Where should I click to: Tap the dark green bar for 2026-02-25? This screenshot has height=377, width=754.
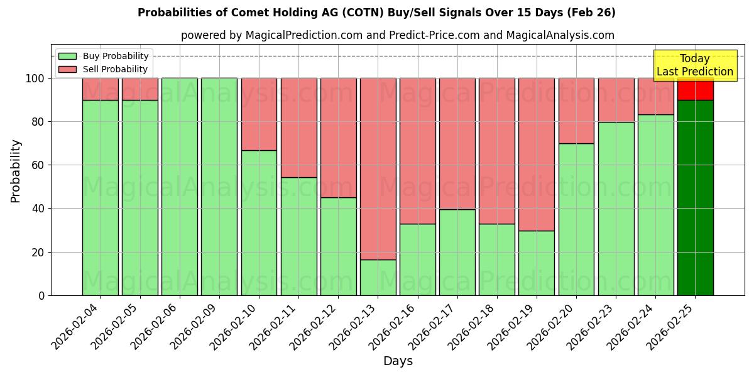pyautogui.click(x=695, y=197)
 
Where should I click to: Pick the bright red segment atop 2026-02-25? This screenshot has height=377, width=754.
pyautogui.click(x=695, y=90)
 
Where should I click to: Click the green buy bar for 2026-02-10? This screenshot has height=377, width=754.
pyautogui.click(x=259, y=222)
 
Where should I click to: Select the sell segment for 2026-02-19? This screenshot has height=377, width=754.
pyautogui.click(x=537, y=154)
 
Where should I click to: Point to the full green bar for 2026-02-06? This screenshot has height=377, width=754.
pyautogui.click(x=180, y=187)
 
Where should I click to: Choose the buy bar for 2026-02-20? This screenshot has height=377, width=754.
pyautogui.click(x=576, y=219)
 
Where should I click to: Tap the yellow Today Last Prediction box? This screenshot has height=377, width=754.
pyautogui.click(x=694, y=65)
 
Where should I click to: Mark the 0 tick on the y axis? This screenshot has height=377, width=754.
pyautogui.click(x=41, y=295)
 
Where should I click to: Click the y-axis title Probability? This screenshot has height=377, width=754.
pyautogui.click(x=16, y=171)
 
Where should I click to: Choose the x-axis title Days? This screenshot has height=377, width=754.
pyautogui.click(x=398, y=361)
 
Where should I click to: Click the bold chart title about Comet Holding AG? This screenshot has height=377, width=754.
pyautogui.click(x=376, y=13)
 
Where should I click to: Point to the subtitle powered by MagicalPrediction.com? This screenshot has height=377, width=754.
pyautogui.click(x=397, y=35)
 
